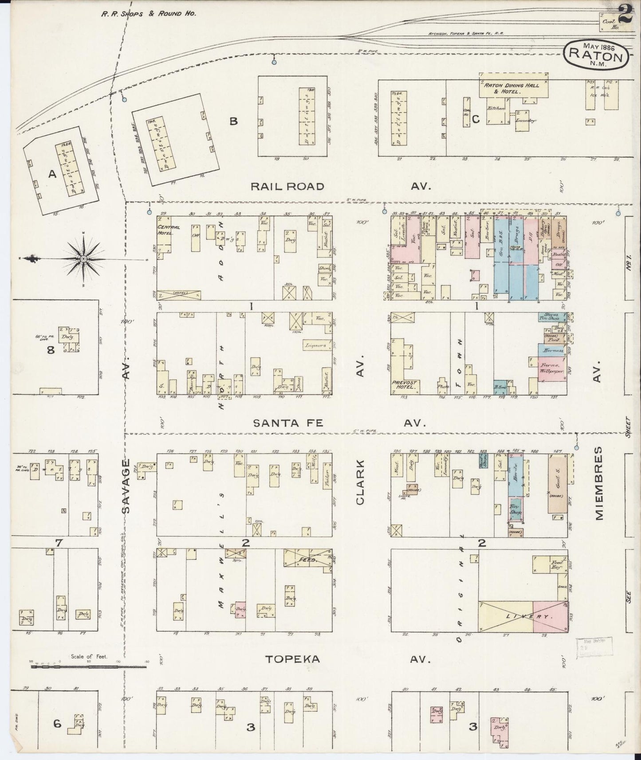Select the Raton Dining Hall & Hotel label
pyautogui.click(x=514, y=88)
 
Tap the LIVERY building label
pyautogui.click(x=523, y=616)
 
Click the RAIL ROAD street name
pyautogui.click(x=287, y=186)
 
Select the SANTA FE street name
pyautogui.click(x=288, y=423)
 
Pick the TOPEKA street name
pyautogui.click(x=292, y=659)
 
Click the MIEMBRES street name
pyautogui.click(x=599, y=483)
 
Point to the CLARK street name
pyautogui.click(x=360, y=482)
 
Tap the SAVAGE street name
pyautogui.click(x=126, y=486)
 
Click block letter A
pyautogui.click(x=52, y=175)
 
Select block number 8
pyautogui.click(x=51, y=350)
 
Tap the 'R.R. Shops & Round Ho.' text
pyautogui.click(x=148, y=13)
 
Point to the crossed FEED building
pyautogui.click(x=307, y=560)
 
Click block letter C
pyautogui.click(x=476, y=119)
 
